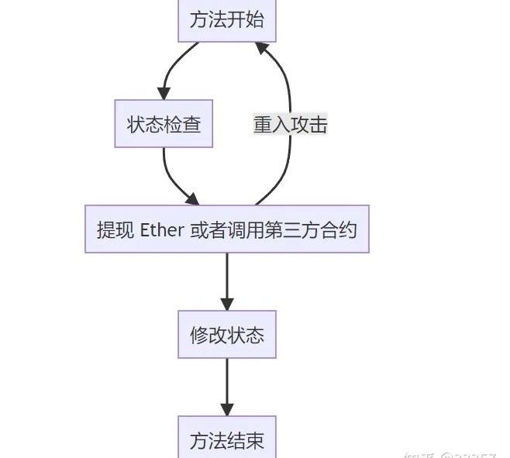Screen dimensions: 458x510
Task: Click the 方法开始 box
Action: point(226,19)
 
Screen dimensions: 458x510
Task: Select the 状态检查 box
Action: point(164,124)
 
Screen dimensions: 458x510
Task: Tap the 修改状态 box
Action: point(226,335)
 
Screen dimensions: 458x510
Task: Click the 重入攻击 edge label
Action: point(290,124)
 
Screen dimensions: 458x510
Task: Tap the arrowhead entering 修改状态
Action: point(226,304)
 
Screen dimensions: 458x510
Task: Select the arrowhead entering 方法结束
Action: point(226,409)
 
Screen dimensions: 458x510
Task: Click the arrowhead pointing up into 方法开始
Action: point(262,48)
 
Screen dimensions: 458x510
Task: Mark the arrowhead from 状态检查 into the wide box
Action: point(191,199)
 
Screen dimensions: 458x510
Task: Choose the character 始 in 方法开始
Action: point(255,19)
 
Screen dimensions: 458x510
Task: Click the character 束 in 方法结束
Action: point(255,440)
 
